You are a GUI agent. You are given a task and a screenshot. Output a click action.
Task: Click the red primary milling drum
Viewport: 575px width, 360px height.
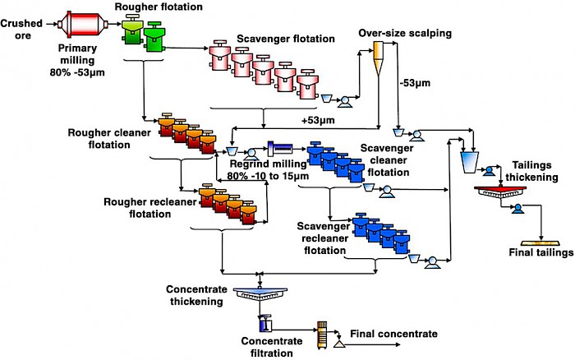82,25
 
